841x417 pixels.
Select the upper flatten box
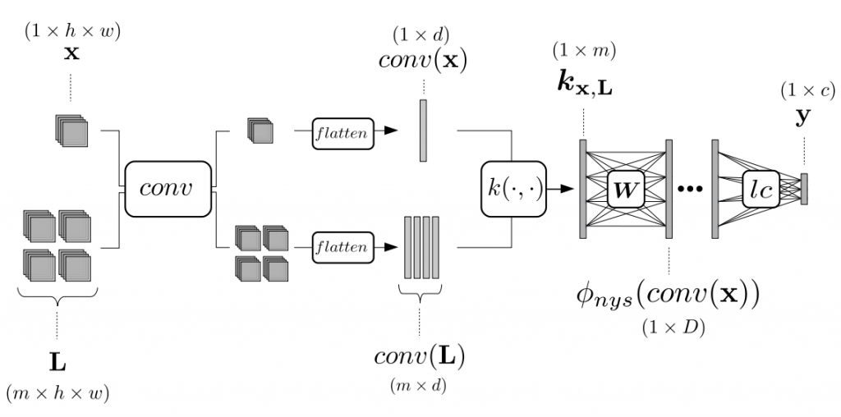pos(342,134)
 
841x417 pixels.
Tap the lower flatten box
pos(342,247)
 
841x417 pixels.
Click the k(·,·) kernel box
pos(513,189)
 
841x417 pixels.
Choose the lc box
pos(761,190)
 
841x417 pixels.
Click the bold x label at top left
pos(72,53)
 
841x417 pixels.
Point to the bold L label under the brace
pos(57,364)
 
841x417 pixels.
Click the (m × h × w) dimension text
pos(57,394)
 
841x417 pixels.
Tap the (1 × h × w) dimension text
pos(72,31)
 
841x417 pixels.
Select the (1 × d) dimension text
pos(421,35)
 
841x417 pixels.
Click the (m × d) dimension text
pos(418,385)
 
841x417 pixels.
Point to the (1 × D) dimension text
pos(673,328)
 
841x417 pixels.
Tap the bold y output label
pos(803,117)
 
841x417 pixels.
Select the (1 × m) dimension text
pos(584,50)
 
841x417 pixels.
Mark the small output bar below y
pos(804,189)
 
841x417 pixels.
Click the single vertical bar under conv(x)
pos(423,131)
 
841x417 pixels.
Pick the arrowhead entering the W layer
pos(567,189)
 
